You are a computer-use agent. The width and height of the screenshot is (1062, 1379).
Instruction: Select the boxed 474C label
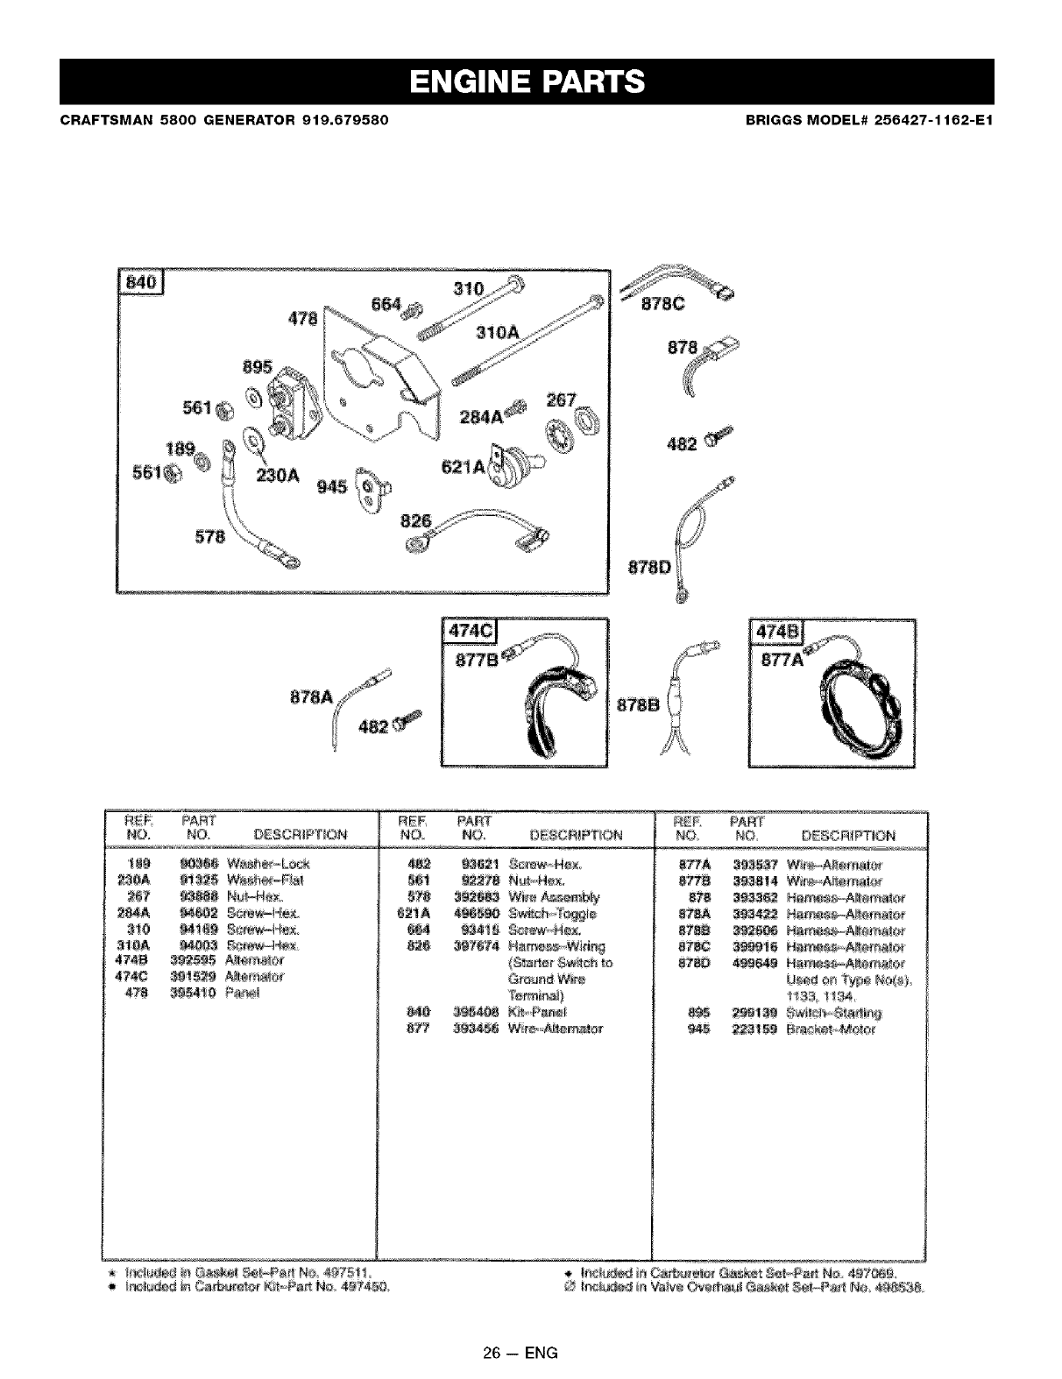470,633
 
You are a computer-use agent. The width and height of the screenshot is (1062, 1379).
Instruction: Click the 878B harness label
641,708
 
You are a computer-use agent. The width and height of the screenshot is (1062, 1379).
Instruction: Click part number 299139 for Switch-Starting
754,1013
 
